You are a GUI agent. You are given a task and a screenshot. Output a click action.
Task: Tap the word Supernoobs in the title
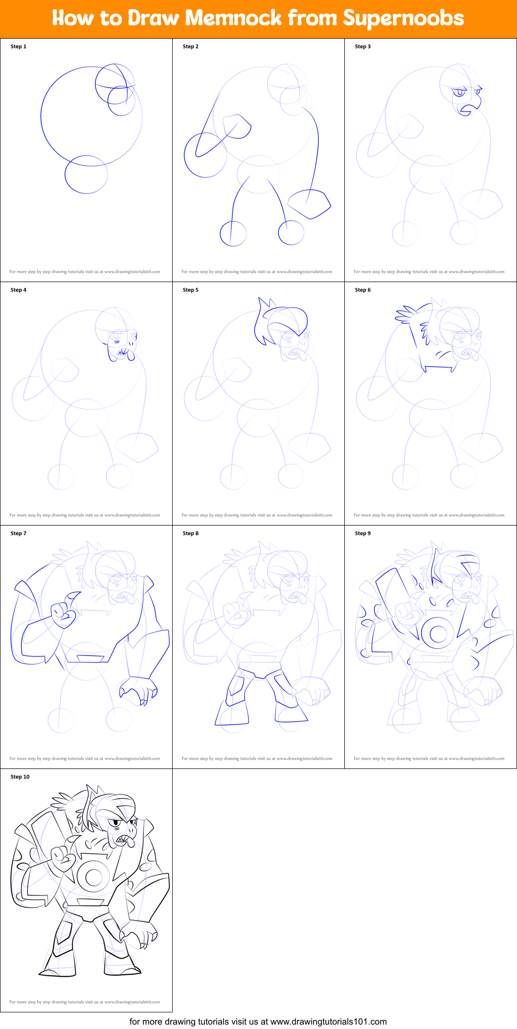click(x=403, y=18)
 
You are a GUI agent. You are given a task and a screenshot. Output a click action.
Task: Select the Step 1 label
click(x=19, y=46)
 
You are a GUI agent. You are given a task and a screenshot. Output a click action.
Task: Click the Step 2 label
click(x=191, y=46)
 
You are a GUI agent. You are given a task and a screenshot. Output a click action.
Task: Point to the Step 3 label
click(x=363, y=46)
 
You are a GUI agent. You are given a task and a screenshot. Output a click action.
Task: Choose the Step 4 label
click(x=19, y=290)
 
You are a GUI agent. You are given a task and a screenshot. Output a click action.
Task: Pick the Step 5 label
click(x=191, y=290)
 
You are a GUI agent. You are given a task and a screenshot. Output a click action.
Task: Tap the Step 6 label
click(x=363, y=290)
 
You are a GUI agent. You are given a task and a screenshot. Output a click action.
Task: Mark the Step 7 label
click(x=19, y=533)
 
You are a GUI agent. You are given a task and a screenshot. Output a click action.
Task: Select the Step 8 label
click(x=191, y=533)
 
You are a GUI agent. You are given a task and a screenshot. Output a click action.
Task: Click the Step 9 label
click(x=363, y=533)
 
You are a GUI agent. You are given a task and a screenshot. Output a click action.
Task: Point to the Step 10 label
click(x=20, y=777)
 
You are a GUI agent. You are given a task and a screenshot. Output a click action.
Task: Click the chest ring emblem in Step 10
click(x=93, y=876)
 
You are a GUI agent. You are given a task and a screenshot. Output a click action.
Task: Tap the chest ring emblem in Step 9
click(x=438, y=634)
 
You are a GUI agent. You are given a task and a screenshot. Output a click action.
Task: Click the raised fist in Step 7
click(x=63, y=614)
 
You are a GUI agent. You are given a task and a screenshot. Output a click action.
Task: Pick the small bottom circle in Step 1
click(x=87, y=175)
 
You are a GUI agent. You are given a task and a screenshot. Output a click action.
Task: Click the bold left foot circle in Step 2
click(x=233, y=233)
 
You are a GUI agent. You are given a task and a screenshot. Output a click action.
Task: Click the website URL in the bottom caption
click(x=328, y=1021)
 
